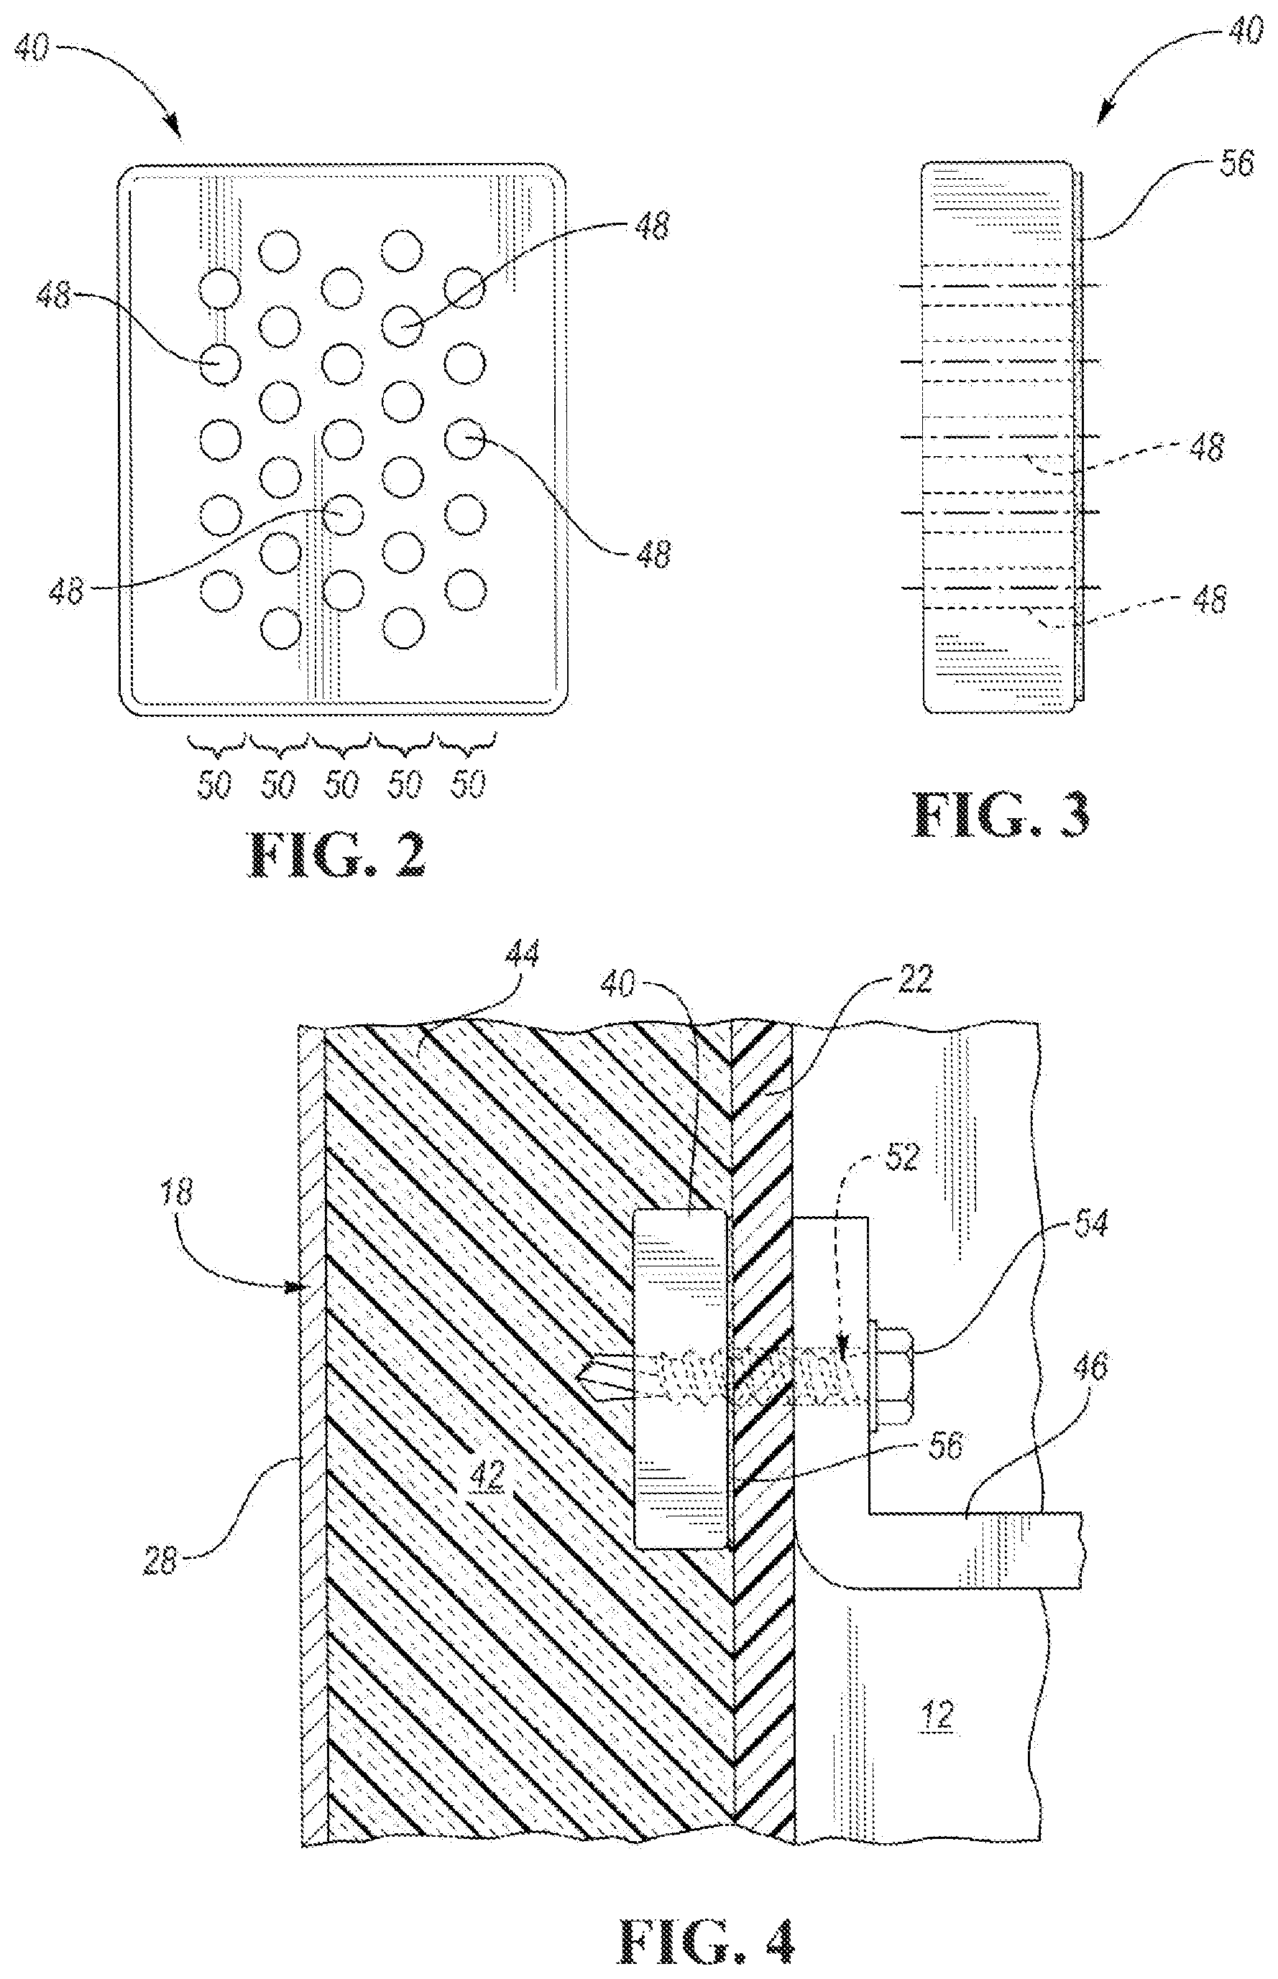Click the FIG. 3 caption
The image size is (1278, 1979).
point(1001,815)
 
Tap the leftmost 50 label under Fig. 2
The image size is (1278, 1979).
point(213,784)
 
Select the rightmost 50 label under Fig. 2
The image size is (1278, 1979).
point(468,784)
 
